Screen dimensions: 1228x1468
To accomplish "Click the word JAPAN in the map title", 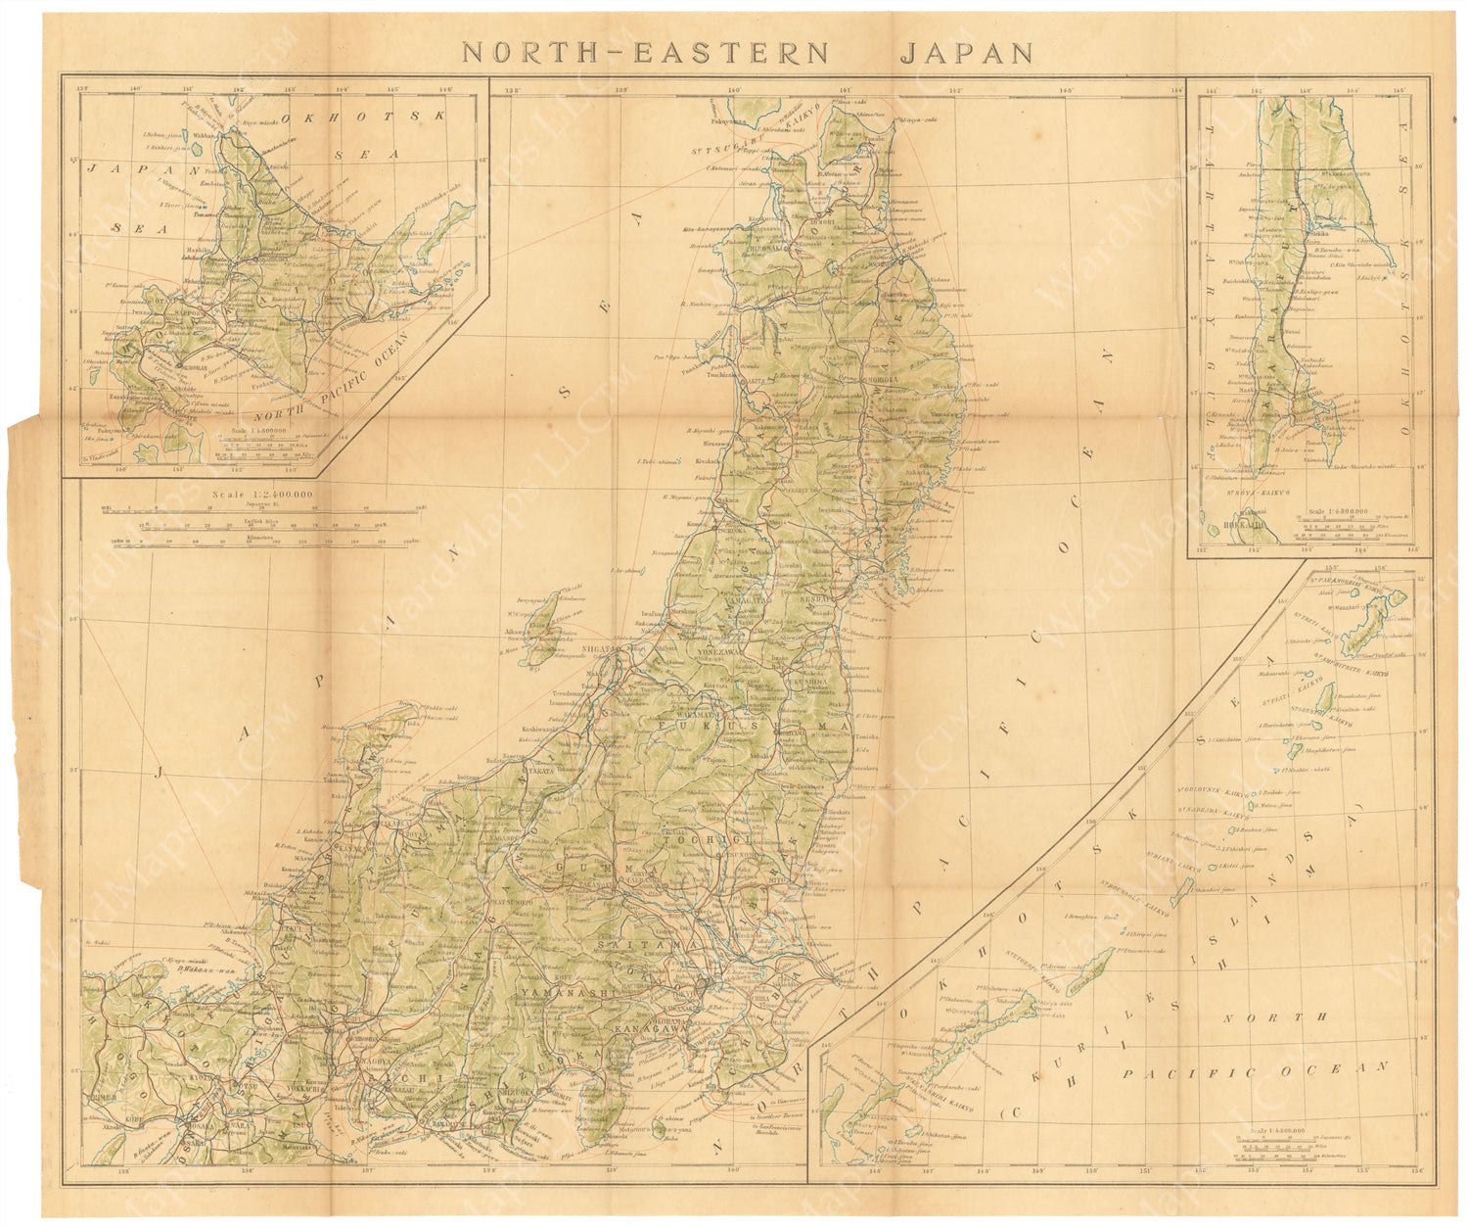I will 966,52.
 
